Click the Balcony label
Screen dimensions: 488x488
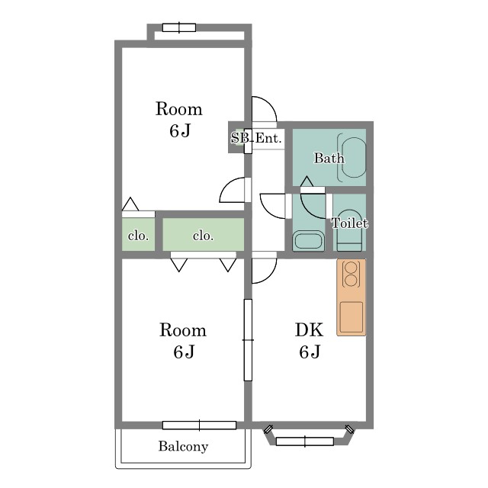(183, 446)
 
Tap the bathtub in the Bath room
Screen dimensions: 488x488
(354, 158)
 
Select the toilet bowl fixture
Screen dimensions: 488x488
(350, 230)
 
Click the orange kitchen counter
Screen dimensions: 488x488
(351, 297)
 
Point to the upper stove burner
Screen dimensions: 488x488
(351, 268)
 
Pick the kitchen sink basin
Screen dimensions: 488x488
(351, 317)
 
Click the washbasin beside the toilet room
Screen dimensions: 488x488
(308, 240)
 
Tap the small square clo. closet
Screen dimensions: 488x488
(138, 234)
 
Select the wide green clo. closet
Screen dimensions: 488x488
(204, 234)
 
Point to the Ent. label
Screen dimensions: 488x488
(268, 138)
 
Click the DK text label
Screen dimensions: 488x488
(309, 329)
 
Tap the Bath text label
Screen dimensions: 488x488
(329, 158)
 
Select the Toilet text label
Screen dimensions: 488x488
(349, 223)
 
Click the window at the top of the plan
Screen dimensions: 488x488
(179, 27)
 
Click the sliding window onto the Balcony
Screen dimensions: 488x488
(199, 425)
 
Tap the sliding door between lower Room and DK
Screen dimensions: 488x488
(248, 340)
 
